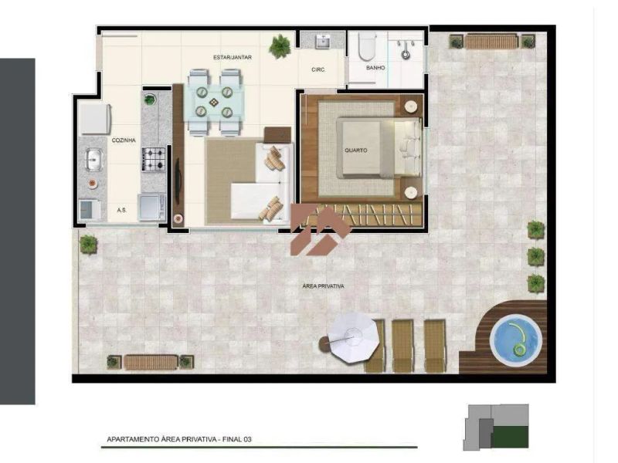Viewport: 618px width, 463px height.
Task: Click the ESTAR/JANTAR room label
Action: tap(233, 57)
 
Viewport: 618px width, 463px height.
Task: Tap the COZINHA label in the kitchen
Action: tap(124, 140)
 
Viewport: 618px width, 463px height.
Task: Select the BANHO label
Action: tap(375, 68)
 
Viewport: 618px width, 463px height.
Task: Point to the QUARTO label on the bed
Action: tap(355, 150)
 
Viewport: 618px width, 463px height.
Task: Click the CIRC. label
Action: tap(318, 69)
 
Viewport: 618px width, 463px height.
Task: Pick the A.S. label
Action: tap(121, 210)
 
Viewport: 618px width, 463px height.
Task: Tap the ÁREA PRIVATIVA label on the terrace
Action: tap(323, 286)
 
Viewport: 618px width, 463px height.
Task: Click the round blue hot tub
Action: tap(516, 340)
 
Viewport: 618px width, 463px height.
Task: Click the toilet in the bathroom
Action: tap(367, 46)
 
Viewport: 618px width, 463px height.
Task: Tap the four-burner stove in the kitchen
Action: tap(153, 159)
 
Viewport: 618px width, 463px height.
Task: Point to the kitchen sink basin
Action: tap(93, 160)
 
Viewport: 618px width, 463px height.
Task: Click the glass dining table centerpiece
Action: tap(213, 103)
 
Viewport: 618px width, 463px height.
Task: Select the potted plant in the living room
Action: tap(280, 46)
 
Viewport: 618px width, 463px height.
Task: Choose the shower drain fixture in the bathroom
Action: tap(406, 54)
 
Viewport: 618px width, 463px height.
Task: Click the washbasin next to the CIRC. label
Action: tap(323, 41)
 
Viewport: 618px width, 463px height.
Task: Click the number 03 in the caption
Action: tap(247, 439)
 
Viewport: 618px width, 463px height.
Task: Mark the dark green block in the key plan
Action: tap(510, 437)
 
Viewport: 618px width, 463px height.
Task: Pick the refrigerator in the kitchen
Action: tap(95, 119)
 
